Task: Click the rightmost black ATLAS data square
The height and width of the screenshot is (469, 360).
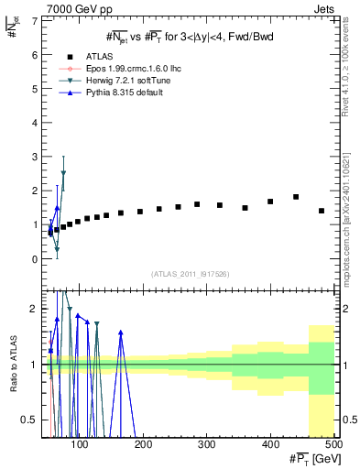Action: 322,211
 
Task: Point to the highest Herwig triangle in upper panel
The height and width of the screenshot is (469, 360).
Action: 63,173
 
